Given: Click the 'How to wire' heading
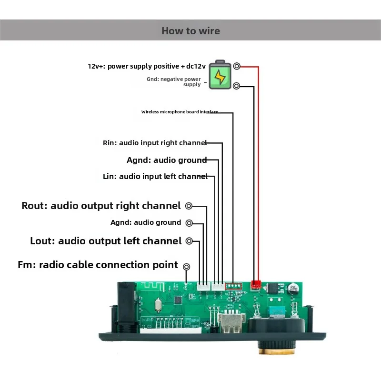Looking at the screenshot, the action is (x=191, y=31).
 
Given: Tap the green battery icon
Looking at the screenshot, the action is (x=220, y=75).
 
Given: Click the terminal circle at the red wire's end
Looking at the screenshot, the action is (x=237, y=66).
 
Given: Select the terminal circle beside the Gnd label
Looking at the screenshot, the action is (x=236, y=86).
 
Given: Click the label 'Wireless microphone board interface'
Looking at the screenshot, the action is (x=180, y=112).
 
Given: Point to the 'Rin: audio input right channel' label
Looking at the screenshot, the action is (x=155, y=143).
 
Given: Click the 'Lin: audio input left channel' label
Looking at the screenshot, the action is (x=155, y=176).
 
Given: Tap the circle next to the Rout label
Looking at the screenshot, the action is (x=189, y=206).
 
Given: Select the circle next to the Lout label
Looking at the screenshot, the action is (x=189, y=241).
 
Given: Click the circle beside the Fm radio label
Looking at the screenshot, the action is (x=186, y=267).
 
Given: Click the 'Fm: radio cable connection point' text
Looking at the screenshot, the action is (x=98, y=265).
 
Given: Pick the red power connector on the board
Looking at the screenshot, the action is (x=256, y=284).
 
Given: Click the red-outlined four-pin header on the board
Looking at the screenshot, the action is (x=233, y=286).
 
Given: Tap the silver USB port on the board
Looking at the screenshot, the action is (x=231, y=323).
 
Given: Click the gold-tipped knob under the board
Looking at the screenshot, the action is (x=277, y=348).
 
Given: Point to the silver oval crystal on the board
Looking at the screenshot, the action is (x=158, y=305).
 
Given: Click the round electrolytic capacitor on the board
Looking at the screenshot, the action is (x=293, y=289).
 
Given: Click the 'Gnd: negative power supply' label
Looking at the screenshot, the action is (x=174, y=82).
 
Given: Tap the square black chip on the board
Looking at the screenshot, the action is (x=178, y=301).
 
